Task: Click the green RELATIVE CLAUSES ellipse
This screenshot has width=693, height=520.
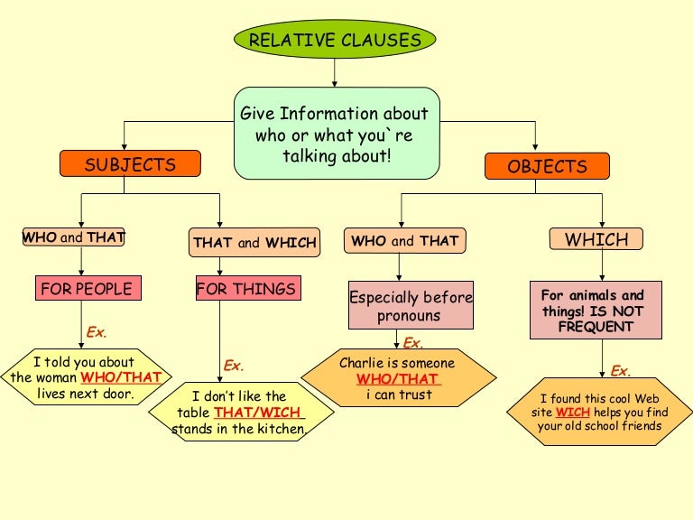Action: tap(335, 40)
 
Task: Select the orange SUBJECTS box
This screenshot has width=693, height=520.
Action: tap(130, 164)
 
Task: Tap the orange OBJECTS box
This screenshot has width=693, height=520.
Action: tap(547, 166)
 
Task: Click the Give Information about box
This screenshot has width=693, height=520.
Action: tap(337, 134)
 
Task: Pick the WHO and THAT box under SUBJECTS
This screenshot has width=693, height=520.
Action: tap(73, 237)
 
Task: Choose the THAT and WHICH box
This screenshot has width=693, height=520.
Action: tap(254, 242)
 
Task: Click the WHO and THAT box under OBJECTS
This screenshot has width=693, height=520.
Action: tap(404, 241)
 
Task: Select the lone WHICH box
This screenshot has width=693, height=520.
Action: tap(596, 239)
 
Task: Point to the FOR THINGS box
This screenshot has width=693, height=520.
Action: tap(247, 289)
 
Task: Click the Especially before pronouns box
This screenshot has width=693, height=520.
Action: tap(411, 306)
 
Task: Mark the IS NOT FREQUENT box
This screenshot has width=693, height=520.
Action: tap(596, 310)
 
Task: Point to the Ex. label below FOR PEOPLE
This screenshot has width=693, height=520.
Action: tap(97, 332)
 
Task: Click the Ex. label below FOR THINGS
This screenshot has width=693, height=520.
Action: tap(234, 366)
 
